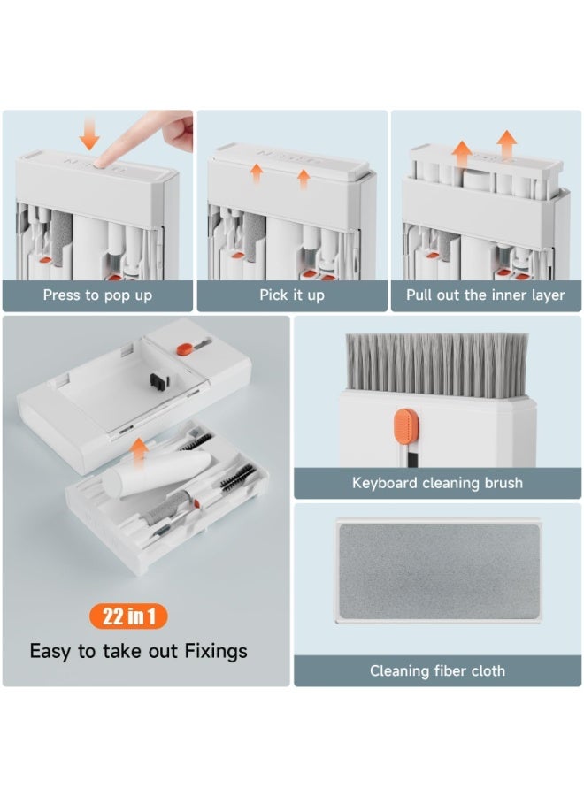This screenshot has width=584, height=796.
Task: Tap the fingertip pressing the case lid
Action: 104,161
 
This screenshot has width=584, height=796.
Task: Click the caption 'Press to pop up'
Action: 97,295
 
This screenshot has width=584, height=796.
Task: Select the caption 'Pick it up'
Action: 292,295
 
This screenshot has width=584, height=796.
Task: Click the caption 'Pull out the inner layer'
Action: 486,295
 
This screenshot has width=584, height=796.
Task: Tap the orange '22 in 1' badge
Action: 128,616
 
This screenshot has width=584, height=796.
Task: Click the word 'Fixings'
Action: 216,651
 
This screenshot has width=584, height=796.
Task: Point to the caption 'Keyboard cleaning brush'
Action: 437,483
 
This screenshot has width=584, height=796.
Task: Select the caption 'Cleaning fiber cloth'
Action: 437,671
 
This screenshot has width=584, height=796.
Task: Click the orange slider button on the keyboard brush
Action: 406,425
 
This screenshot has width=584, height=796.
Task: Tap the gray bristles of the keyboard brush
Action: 437,364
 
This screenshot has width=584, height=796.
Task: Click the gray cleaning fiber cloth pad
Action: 439,571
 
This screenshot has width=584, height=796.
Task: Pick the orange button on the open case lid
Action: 184,348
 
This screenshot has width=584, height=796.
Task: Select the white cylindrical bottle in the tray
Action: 158,474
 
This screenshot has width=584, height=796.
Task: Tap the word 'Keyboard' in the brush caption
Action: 384,483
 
